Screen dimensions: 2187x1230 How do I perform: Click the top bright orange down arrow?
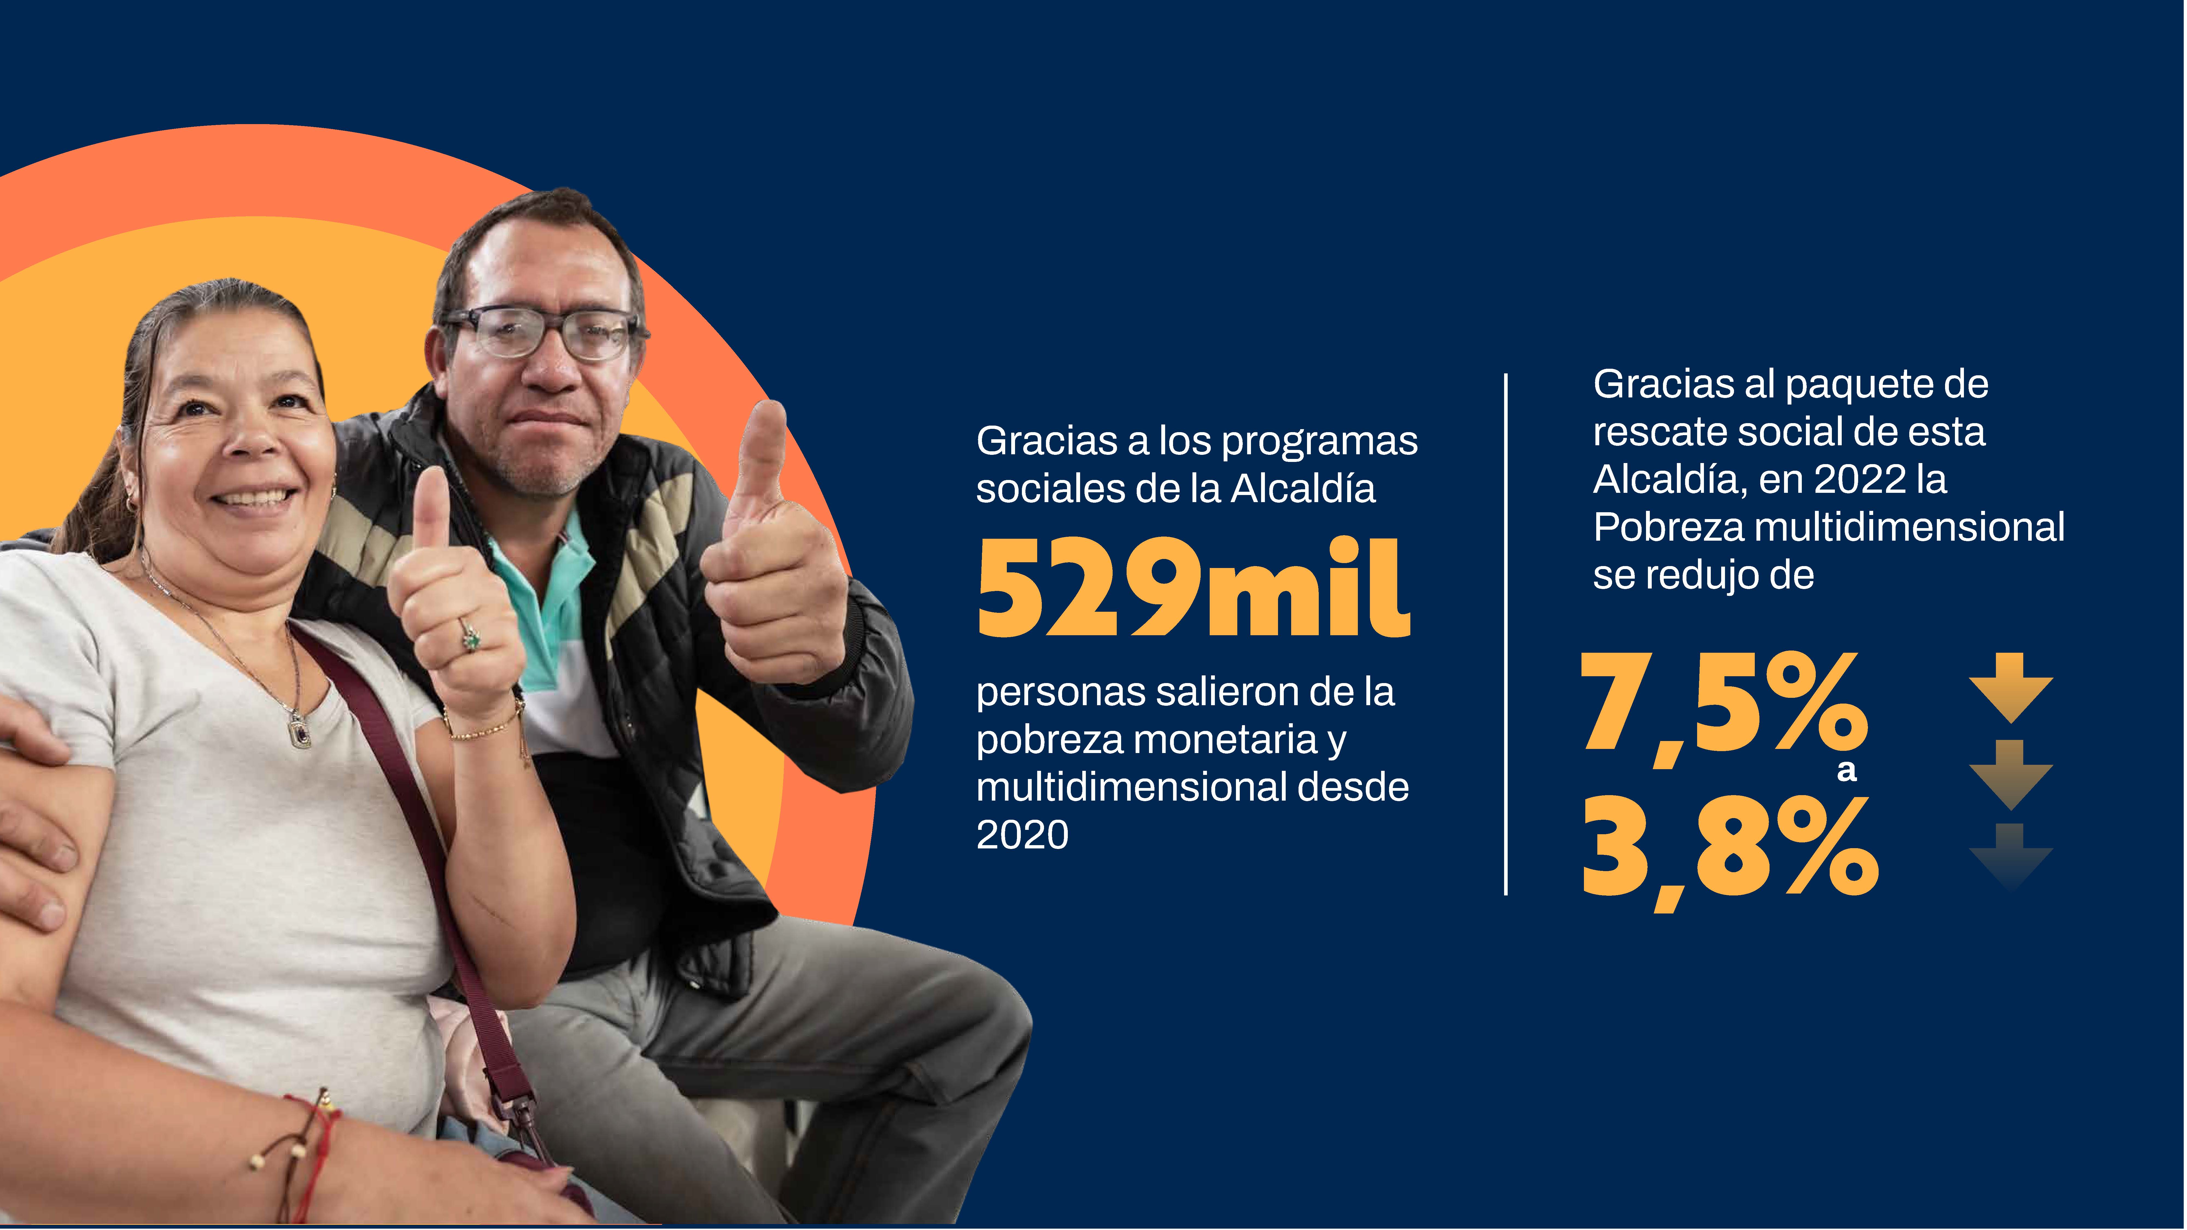tap(2010, 688)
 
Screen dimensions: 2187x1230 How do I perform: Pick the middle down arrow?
tap(2010, 774)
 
